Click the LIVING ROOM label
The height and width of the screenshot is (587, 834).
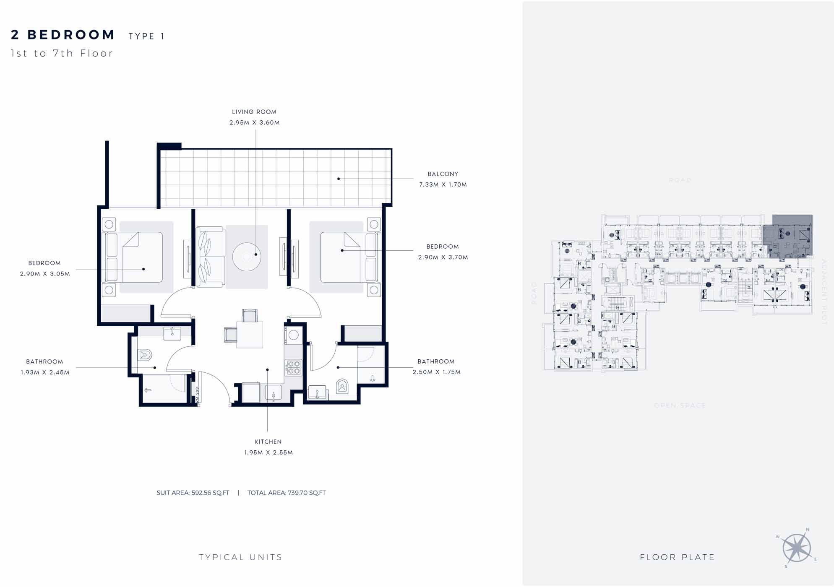coord(254,112)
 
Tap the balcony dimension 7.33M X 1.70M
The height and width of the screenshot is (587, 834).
coord(443,184)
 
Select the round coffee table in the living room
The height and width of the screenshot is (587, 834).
coord(247,256)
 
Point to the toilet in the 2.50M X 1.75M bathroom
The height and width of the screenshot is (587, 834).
coord(342,386)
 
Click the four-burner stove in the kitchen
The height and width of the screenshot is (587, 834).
coord(294,368)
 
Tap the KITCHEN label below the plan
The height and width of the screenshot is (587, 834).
coord(268,442)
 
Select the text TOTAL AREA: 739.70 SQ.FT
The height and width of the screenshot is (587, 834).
coord(286,493)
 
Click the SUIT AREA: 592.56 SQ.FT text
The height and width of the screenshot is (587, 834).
coord(193,493)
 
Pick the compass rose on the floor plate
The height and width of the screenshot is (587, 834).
coord(796,548)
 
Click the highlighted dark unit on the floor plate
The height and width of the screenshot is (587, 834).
coord(788,237)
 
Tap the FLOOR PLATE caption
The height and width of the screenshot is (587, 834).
coord(677,557)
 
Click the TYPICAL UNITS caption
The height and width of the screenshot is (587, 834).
coord(240,557)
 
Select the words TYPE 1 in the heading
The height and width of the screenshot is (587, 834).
coord(146,36)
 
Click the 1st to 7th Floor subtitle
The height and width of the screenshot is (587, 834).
coord(62,53)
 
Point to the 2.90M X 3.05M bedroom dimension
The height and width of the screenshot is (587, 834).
coord(45,274)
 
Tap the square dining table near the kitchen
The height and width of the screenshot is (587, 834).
coord(250,335)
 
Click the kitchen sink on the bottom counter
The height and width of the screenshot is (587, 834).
coord(274,393)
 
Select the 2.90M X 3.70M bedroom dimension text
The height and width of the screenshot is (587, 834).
coord(443,257)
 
